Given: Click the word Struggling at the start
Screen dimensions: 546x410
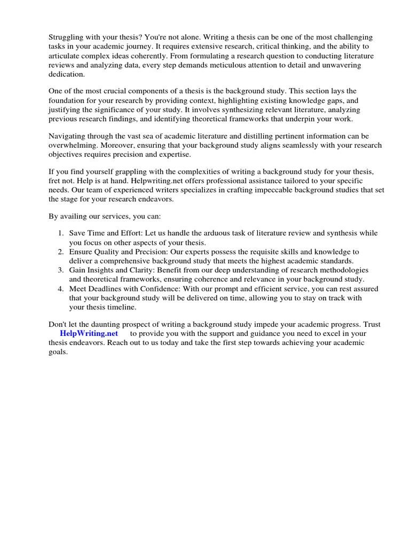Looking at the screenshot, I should [x=67, y=38].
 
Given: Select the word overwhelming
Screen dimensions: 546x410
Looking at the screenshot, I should [x=73, y=145].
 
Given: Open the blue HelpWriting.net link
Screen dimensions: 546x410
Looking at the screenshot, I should [x=89, y=333].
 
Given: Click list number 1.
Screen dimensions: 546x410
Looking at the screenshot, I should [x=60, y=234].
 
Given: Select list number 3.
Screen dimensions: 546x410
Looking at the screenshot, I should [x=60, y=270].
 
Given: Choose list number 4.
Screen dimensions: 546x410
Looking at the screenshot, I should [x=60, y=289].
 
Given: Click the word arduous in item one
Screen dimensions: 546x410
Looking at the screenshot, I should [x=217, y=234].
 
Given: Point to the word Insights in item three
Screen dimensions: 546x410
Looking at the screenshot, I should [x=104, y=270].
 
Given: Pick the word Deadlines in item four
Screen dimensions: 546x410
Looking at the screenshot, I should [x=111, y=289].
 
